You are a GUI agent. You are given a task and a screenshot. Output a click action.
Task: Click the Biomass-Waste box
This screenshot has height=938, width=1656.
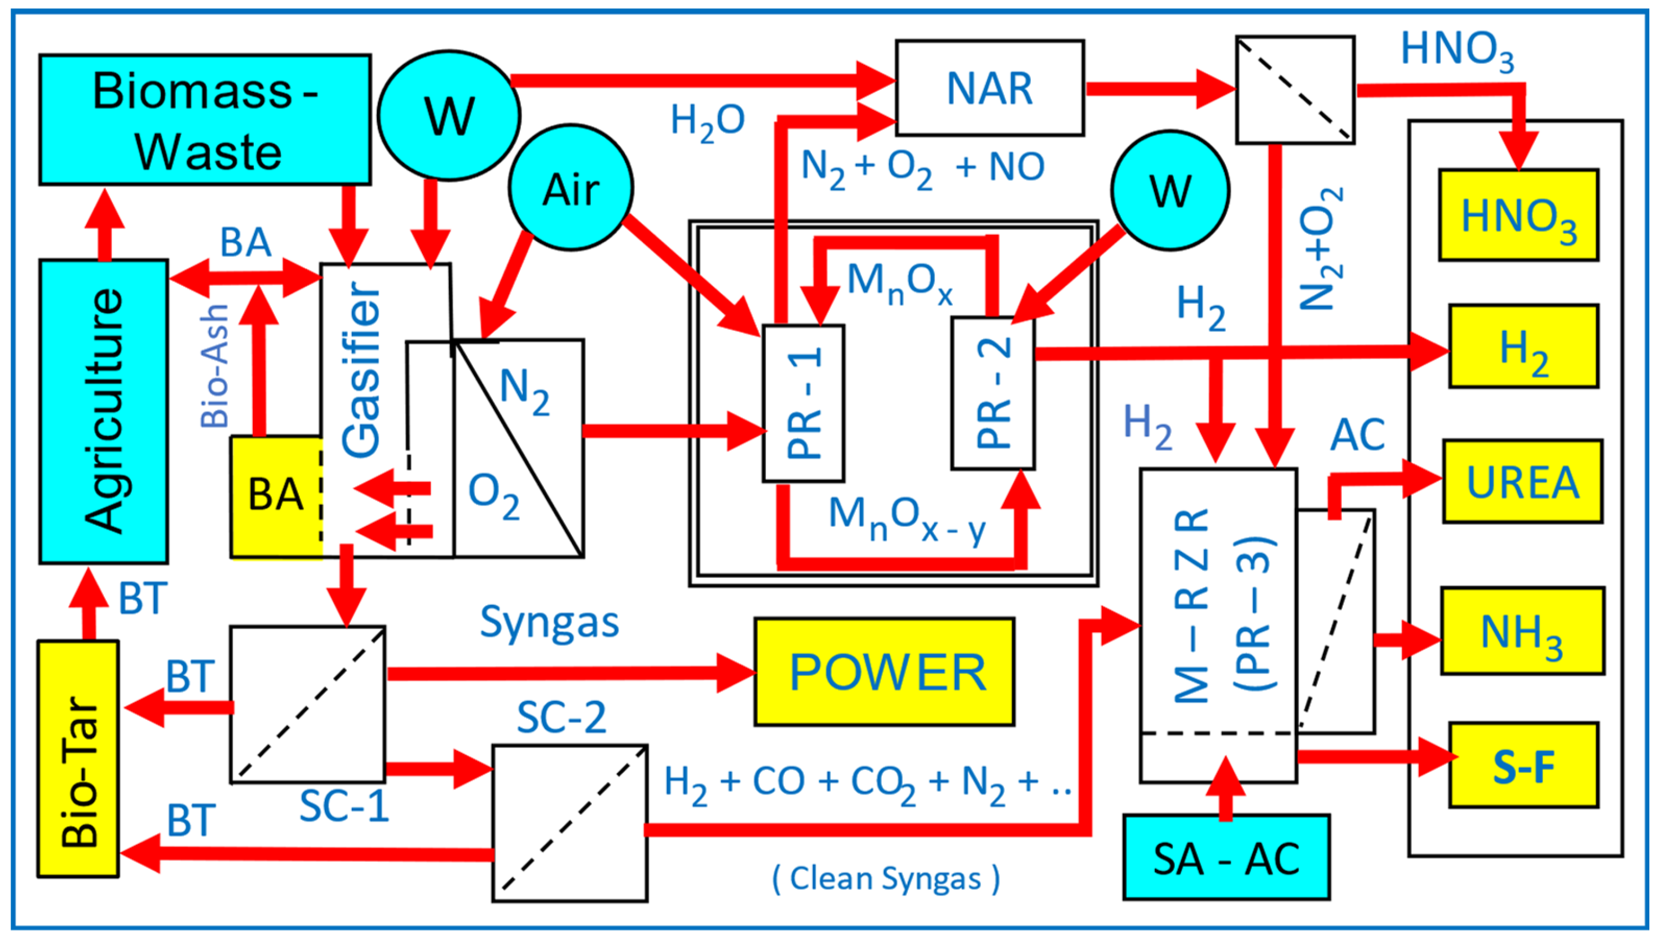205,120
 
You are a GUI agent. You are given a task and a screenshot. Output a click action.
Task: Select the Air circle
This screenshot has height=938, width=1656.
570,187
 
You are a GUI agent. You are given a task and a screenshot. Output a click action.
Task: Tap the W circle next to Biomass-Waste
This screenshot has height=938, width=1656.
449,115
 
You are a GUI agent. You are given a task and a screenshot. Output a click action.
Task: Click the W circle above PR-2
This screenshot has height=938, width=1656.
1170,190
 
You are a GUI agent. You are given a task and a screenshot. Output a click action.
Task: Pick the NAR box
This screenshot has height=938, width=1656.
990,88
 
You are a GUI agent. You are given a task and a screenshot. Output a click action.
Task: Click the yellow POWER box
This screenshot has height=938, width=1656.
885,672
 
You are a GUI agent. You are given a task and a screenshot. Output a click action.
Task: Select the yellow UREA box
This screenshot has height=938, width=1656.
1522,481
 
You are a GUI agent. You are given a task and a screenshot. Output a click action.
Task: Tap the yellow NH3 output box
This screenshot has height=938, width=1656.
1522,631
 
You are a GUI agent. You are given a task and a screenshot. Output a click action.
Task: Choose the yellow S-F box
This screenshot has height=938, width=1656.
1523,765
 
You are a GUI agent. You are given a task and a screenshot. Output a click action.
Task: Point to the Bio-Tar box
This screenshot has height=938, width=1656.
78,758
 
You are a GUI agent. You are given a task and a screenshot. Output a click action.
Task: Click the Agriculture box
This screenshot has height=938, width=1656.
104,411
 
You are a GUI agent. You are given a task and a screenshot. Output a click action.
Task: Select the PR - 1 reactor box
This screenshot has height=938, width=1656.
804,403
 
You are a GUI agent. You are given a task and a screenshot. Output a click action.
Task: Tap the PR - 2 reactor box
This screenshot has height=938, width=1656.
993,393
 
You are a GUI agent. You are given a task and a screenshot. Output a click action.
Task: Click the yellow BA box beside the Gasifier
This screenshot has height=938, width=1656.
276,496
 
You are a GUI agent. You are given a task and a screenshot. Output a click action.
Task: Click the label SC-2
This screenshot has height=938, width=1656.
561,717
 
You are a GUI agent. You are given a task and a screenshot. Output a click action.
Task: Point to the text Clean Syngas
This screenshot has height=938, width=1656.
886,878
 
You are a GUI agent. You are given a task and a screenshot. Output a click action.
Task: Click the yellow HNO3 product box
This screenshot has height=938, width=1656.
1519,215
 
